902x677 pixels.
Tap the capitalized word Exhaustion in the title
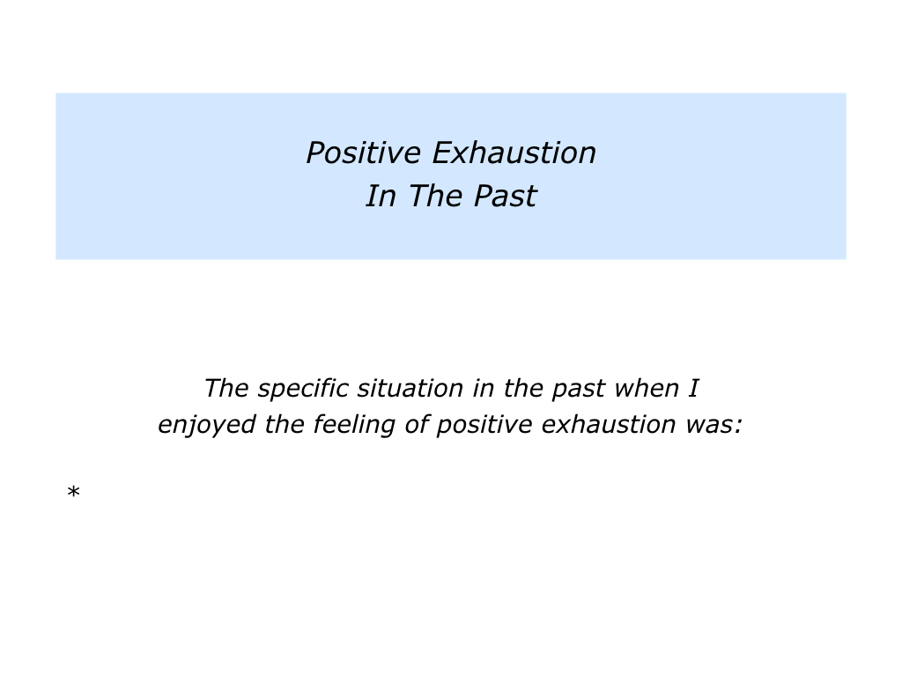[514, 153]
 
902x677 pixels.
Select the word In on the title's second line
[381, 196]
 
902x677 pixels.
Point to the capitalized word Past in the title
[505, 196]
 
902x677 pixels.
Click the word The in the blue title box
[435, 196]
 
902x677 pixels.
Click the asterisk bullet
[73, 492]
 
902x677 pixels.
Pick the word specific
[303, 389]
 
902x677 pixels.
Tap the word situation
[410, 389]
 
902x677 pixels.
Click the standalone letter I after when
[693, 389]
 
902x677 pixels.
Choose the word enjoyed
[207, 425]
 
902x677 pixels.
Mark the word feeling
[354, 425]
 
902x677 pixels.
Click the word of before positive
[417, 425]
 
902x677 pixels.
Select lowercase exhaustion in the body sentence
[608, 425]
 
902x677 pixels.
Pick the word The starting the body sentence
[226, 389]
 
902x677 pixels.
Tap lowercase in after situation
[484, 389]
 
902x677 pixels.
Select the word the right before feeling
[285, 425]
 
